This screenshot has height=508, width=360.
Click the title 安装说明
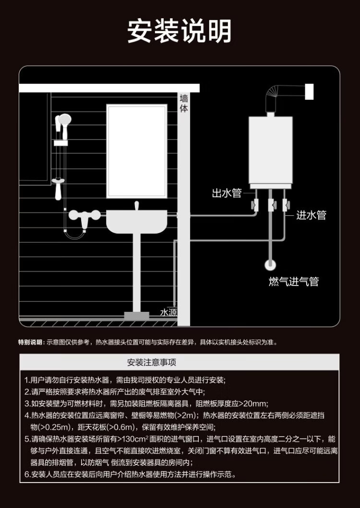[x=180, y=31]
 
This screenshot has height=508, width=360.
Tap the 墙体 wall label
[x=184, y=103]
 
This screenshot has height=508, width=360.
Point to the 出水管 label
[x=227, y=193]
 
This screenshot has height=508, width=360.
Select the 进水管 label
[x=311, y=215]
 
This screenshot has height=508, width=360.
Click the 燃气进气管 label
[x=294, y=281]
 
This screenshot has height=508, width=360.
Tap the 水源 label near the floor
[x=168, y=313]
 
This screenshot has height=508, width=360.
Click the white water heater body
[x=271, y=150]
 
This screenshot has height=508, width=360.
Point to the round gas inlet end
[x=270, y=265]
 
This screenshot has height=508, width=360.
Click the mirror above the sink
[x=137, y=151]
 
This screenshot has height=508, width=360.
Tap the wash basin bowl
[x=137, y=222]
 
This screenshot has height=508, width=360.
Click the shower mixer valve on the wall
[x=84, y=215]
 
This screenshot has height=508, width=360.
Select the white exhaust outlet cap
[x=310, y=92]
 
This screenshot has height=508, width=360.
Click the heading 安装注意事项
[x=152, y=362]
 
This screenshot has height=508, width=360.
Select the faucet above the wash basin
[x=136, y=205]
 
